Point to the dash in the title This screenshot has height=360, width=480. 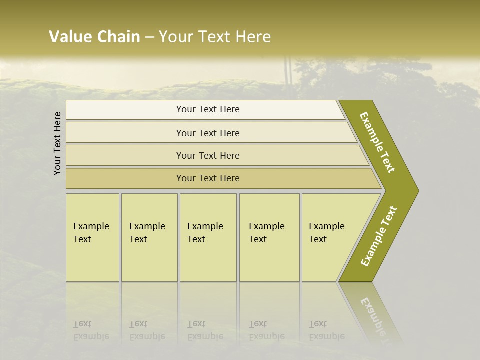click(149, 37)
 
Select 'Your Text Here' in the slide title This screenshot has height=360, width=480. click(215, 37)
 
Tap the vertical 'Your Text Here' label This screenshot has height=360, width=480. click(57, 143)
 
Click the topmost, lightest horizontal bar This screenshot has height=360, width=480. click(208, 109)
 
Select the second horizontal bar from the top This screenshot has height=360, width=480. click(208, 133)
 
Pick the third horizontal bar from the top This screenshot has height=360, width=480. click(208, 155)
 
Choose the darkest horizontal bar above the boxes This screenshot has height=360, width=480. click(208, 178)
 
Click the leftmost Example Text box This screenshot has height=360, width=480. click(92, 237)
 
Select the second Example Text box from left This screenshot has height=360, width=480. click(149, 237)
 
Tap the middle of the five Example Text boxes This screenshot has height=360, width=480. click(208, 237)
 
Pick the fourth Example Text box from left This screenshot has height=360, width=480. click(269, 237)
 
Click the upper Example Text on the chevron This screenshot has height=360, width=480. click(377, 142)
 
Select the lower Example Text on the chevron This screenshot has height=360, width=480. click(378, 236)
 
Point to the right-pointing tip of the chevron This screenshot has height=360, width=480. click(416, 190)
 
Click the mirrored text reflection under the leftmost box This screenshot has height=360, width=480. click(91, 331)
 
